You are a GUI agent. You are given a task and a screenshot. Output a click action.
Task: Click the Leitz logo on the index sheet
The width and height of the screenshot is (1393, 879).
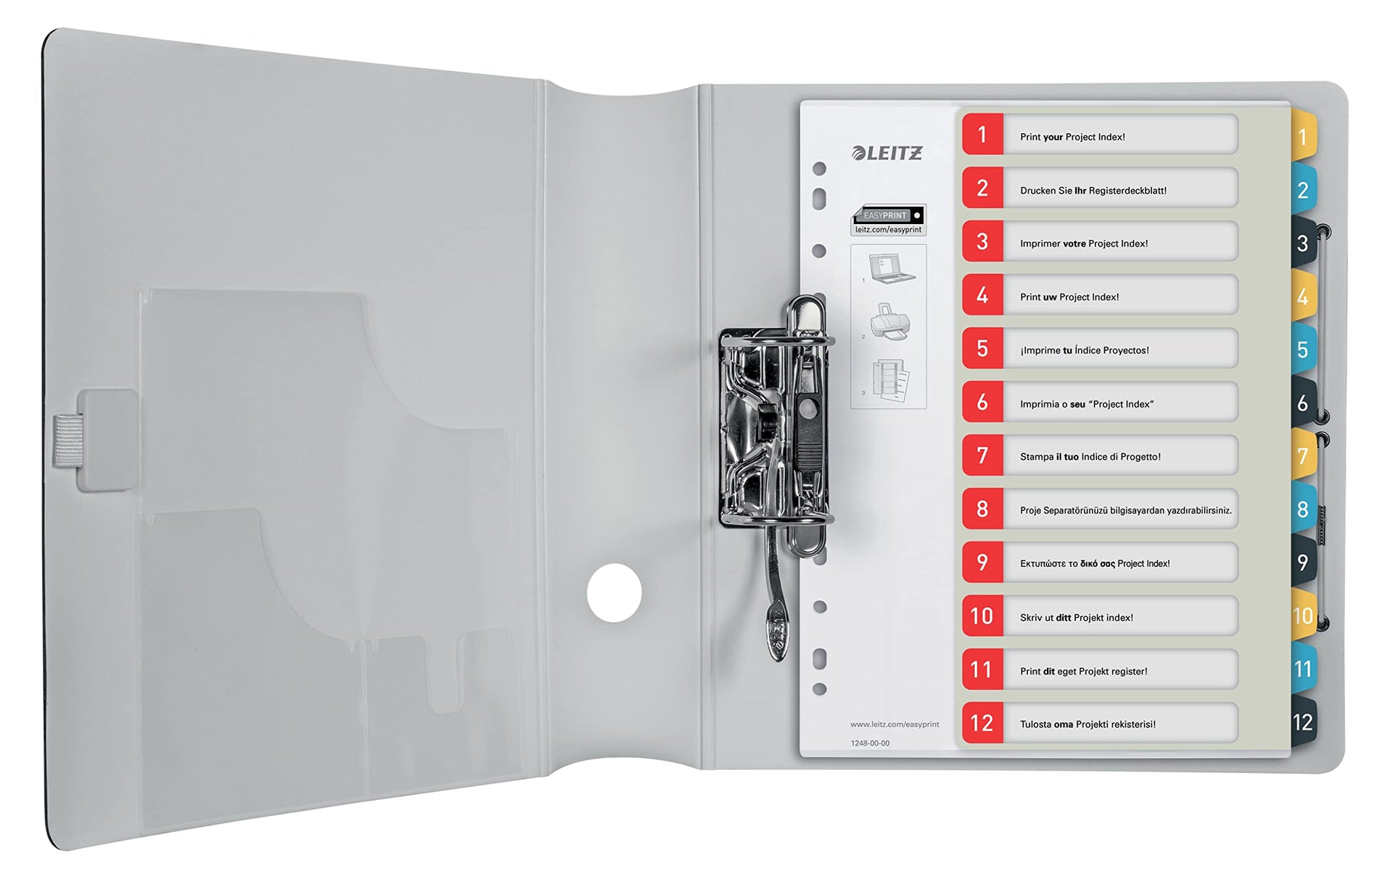887,152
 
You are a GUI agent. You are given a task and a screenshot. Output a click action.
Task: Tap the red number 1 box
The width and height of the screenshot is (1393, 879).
982,134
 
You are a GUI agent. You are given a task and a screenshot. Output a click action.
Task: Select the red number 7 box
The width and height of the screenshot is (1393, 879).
982,455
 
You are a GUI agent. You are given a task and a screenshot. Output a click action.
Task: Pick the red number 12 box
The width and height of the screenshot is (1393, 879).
982,723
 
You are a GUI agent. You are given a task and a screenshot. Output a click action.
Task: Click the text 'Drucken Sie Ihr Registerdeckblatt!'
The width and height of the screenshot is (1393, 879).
1093,191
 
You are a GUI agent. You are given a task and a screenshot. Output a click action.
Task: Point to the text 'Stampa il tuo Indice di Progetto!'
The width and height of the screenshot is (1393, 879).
1090,457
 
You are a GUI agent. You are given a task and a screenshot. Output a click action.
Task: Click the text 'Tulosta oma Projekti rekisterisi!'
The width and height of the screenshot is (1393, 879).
1088,725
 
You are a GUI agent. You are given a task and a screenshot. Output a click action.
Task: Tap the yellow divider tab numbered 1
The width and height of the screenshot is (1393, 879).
1303,136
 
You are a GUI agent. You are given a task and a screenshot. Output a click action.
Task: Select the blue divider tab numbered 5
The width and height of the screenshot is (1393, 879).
1303,350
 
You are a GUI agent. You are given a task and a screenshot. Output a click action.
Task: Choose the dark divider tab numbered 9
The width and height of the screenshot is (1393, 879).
1303,563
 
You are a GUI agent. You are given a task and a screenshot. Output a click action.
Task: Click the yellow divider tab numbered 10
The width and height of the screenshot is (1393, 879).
1303,616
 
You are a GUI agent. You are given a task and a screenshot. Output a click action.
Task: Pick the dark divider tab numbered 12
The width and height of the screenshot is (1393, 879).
1303,722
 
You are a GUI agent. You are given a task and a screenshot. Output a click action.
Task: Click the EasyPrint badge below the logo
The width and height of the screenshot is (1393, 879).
888,220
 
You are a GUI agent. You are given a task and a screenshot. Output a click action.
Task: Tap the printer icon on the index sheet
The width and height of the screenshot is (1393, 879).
890,321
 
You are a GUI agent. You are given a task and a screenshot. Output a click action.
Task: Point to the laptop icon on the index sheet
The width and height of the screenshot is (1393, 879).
892,268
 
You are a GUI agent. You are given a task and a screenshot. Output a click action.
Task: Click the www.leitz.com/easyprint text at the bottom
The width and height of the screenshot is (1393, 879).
895,724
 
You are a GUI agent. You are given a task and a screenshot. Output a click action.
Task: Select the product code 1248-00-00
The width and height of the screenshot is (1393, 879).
870,743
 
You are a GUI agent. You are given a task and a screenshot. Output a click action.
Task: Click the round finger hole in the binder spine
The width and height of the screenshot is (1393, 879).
615,593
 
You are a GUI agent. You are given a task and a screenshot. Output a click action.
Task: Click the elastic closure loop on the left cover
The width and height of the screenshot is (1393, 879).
68,441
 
